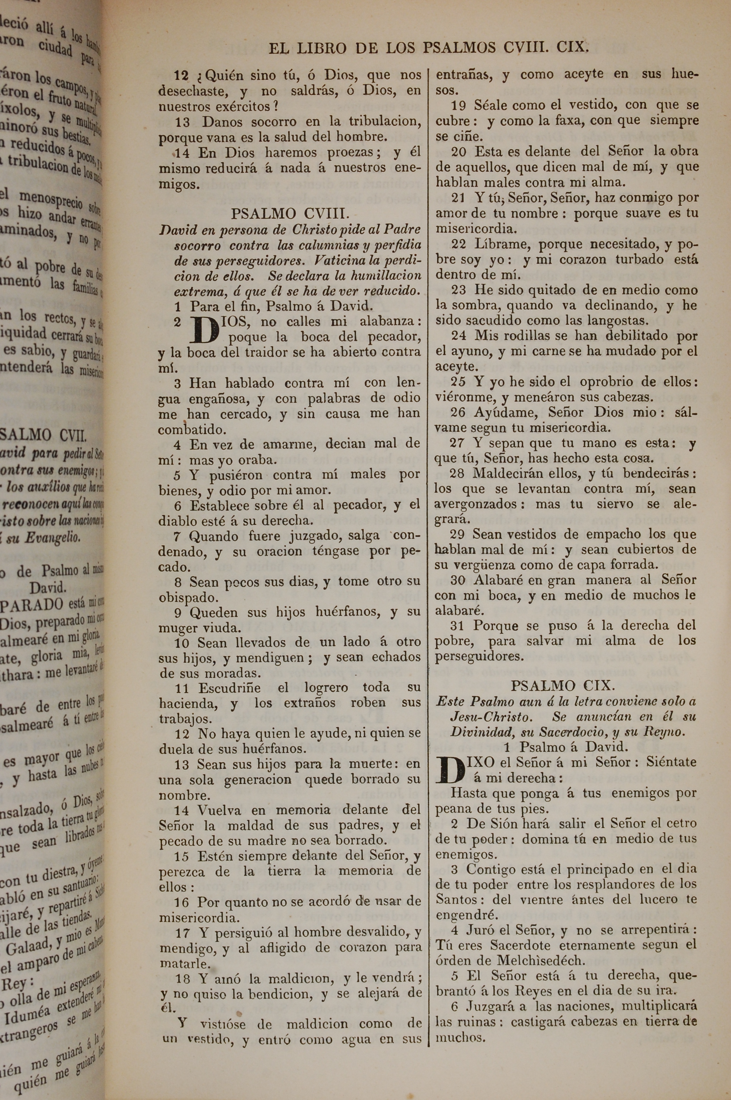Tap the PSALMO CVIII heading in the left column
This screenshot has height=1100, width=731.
(289, 214)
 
